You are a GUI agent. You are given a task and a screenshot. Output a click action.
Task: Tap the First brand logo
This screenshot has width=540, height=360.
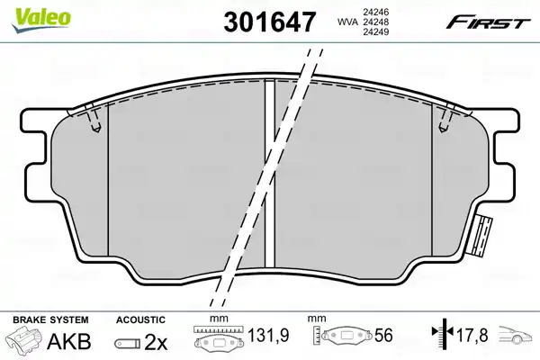(496, 22)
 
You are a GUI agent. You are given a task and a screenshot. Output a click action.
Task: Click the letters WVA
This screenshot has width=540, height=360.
(347, 22)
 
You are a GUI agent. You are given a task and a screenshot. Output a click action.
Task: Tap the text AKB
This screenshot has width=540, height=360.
(60, 342)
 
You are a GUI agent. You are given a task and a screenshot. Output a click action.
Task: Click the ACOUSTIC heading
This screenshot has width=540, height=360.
(140, 319)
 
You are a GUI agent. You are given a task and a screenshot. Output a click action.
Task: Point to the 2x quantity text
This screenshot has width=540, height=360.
(157, 342)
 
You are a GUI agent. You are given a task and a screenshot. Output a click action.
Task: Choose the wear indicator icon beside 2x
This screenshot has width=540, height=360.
(128, 343)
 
